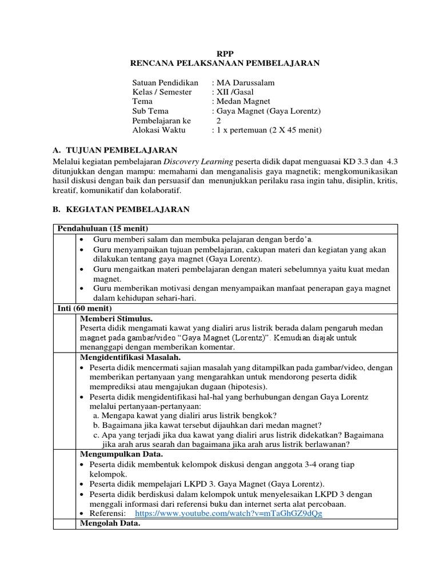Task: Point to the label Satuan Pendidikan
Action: click(x=165, y=83)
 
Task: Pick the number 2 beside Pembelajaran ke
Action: click(x=218, y=121)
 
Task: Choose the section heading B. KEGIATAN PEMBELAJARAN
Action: click(x=121, y=209)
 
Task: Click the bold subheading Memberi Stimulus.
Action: click(x=117, y=318)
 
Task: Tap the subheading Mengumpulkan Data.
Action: click(x=122, y=454)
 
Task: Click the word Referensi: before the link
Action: click(x=109, y=513)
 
